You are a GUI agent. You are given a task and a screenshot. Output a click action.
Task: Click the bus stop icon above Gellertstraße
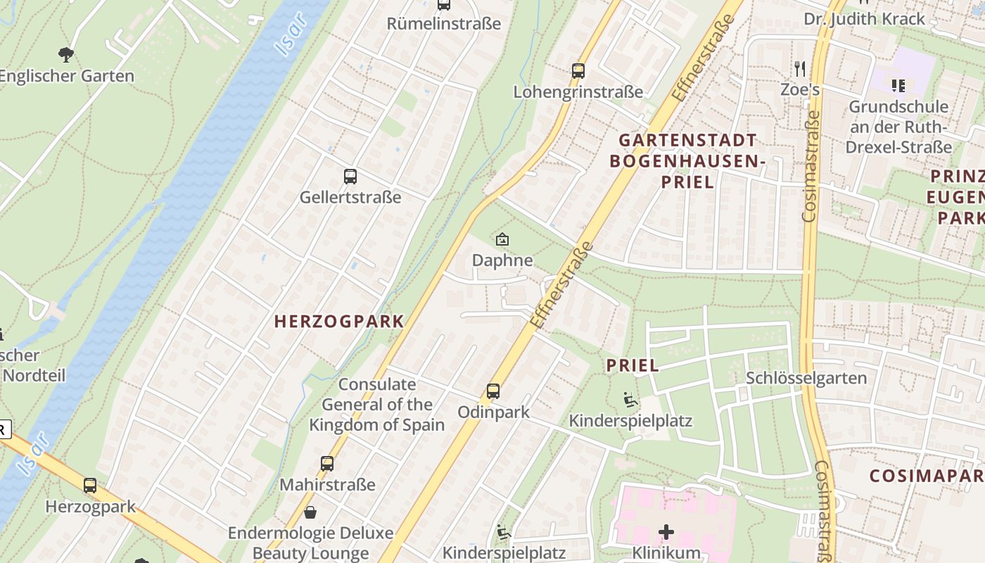[350, 176]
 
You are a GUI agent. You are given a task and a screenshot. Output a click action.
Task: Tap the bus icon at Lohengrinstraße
[578, 70]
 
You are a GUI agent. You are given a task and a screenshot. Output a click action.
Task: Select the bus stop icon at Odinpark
[493, 391]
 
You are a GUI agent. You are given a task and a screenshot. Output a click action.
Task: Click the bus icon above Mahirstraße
[327, 463]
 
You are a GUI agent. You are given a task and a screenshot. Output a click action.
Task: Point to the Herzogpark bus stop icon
[89, 485]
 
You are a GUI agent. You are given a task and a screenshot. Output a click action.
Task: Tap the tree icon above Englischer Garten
[66, 54]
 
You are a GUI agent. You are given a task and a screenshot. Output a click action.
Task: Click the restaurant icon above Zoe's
[799, 68]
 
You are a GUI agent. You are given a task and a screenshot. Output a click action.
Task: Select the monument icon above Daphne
[502, 239]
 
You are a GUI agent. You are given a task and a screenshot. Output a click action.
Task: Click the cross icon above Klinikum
[666, 531]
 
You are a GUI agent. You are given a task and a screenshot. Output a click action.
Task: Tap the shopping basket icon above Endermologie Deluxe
[310, 512]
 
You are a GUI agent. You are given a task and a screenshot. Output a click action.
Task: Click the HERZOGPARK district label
[339, 322]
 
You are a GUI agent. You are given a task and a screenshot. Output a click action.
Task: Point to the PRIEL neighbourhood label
[633, 365]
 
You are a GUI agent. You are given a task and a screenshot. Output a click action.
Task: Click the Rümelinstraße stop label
[443, 23]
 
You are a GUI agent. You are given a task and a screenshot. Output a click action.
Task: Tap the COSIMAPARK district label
[926, 476]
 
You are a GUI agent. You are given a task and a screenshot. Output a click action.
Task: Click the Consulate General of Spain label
[377, 405]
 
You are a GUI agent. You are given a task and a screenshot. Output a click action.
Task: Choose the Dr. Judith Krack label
[875, 18]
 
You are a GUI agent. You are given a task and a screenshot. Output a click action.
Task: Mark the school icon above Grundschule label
[898, 86]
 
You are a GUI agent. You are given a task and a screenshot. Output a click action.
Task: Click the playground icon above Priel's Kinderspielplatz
[631, 400]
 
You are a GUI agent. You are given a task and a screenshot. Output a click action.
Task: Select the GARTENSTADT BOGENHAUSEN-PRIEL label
[687, 160]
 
